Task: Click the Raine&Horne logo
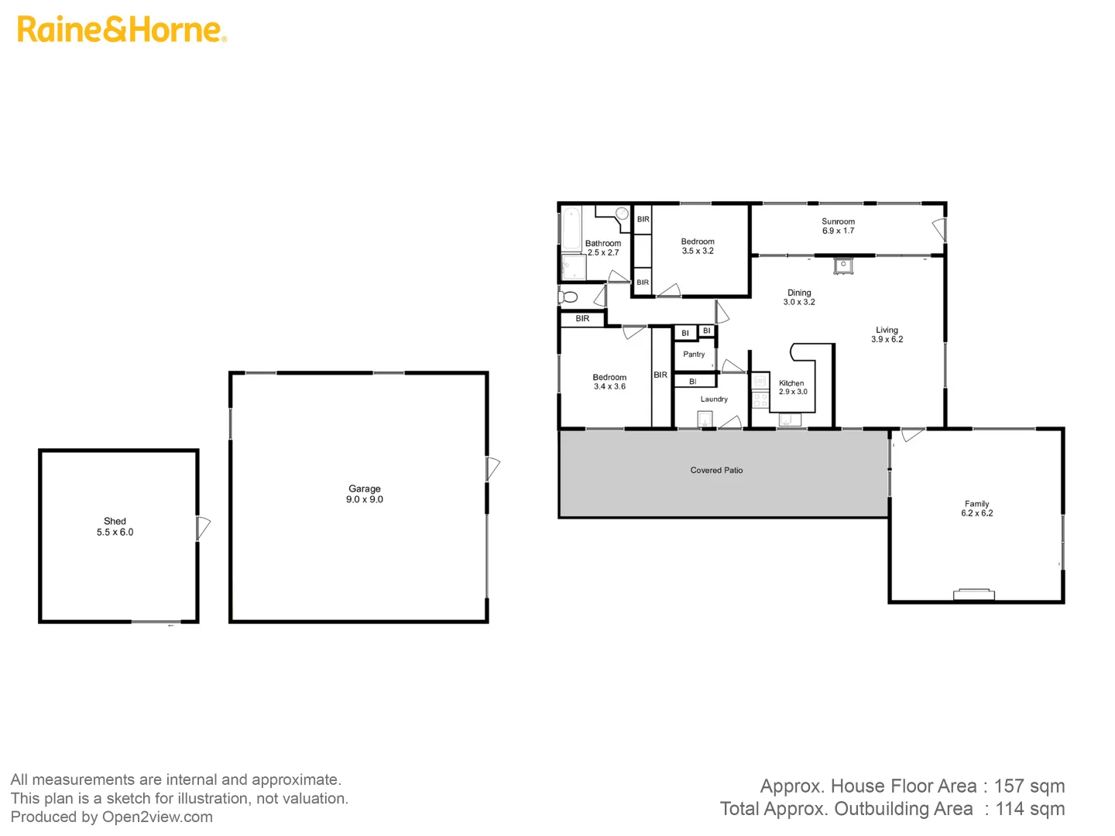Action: [122, 29]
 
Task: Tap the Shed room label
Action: [115, 521]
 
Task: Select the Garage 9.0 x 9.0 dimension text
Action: [365, 500]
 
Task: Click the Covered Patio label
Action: [716, 470]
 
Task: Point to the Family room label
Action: [976, 503]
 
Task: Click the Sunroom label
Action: [838, 221]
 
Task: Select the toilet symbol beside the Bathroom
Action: [568, 296]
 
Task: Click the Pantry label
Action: [694, 355]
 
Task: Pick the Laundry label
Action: [714, 399]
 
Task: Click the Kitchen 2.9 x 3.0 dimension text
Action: [793, 392]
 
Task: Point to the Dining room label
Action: [799, 293]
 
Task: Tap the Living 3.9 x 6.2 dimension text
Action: [887, 339]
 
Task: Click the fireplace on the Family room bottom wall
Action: [974, 594]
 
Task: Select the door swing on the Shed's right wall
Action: [203, 528]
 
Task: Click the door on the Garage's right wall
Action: [492, 469]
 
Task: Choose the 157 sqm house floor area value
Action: [1029, 786]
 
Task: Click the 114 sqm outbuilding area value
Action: [1030, 809]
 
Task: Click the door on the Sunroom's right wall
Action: [939, 229]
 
